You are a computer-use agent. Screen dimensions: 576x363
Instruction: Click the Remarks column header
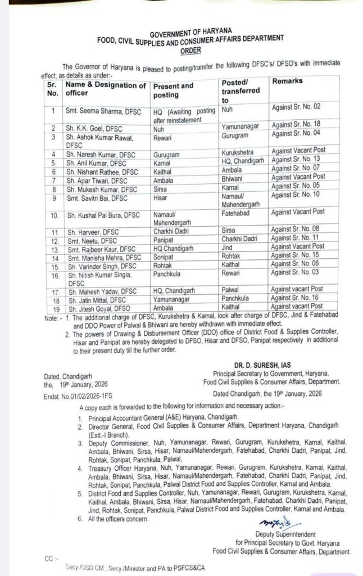click(x=287, y=81)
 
